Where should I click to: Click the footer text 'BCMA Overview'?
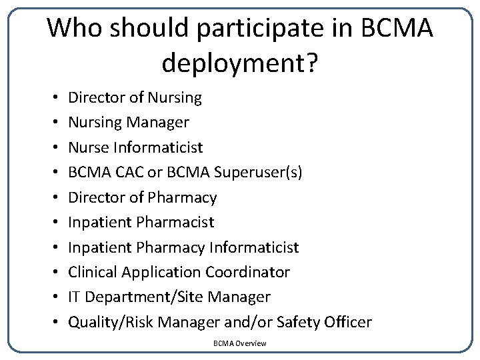click(240, 343)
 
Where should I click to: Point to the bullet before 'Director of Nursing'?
click(53, 98)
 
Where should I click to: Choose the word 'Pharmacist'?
click(179, 222)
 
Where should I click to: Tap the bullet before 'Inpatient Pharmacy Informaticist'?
click(53, 248)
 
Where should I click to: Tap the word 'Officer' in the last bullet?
click(347, 323)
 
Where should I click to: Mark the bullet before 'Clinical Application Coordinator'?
click(53, 273)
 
